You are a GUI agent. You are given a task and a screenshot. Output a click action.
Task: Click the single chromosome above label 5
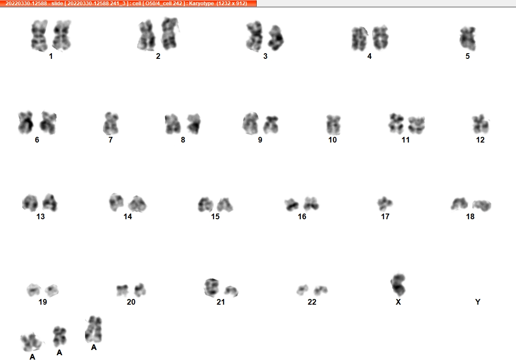(468, 38)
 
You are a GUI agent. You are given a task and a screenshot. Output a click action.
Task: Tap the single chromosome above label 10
(333, 125)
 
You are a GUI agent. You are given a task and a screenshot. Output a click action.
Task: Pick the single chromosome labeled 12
(480, 124)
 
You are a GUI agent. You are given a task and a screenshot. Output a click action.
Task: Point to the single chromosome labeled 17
(385, 204)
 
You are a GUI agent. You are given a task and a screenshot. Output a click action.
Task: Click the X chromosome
(398, 285)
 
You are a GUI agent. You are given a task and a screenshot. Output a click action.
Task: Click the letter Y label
(478, 302)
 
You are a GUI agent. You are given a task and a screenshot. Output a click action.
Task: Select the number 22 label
(312, 302)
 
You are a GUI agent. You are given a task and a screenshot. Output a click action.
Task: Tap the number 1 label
(51, 56)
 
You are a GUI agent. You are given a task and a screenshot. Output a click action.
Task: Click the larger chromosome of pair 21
(211, 287)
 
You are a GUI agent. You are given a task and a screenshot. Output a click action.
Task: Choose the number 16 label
(302, 216)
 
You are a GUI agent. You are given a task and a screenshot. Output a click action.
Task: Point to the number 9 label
(260, 140)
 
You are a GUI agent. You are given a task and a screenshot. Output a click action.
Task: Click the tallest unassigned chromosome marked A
(94, 329)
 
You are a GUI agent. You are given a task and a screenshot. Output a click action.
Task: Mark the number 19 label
(43, 302)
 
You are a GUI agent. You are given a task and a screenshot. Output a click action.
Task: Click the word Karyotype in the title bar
(201, 3)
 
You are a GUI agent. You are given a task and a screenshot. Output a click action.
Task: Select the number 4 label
(370, 56)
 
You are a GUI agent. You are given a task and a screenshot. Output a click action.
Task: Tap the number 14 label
(128, 216)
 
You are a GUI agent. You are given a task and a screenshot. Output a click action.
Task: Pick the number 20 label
(131, 302)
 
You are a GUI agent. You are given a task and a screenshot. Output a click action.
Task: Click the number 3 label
(265, 56)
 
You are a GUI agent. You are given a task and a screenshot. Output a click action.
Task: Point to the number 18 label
(470, 216)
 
